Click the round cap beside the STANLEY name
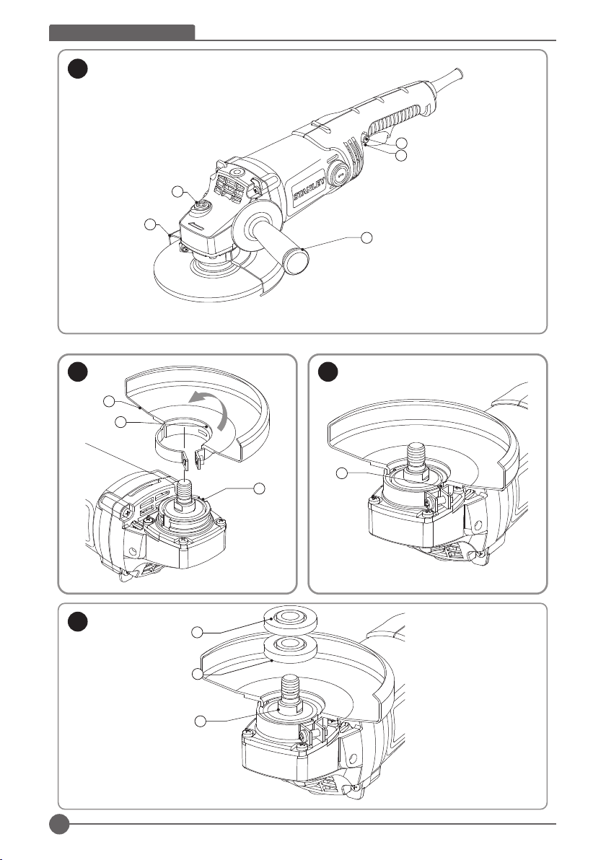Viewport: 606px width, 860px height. click(338, 174)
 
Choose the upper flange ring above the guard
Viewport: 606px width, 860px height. click(286, 618)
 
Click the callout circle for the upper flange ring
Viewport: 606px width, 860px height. click(197, 632)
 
